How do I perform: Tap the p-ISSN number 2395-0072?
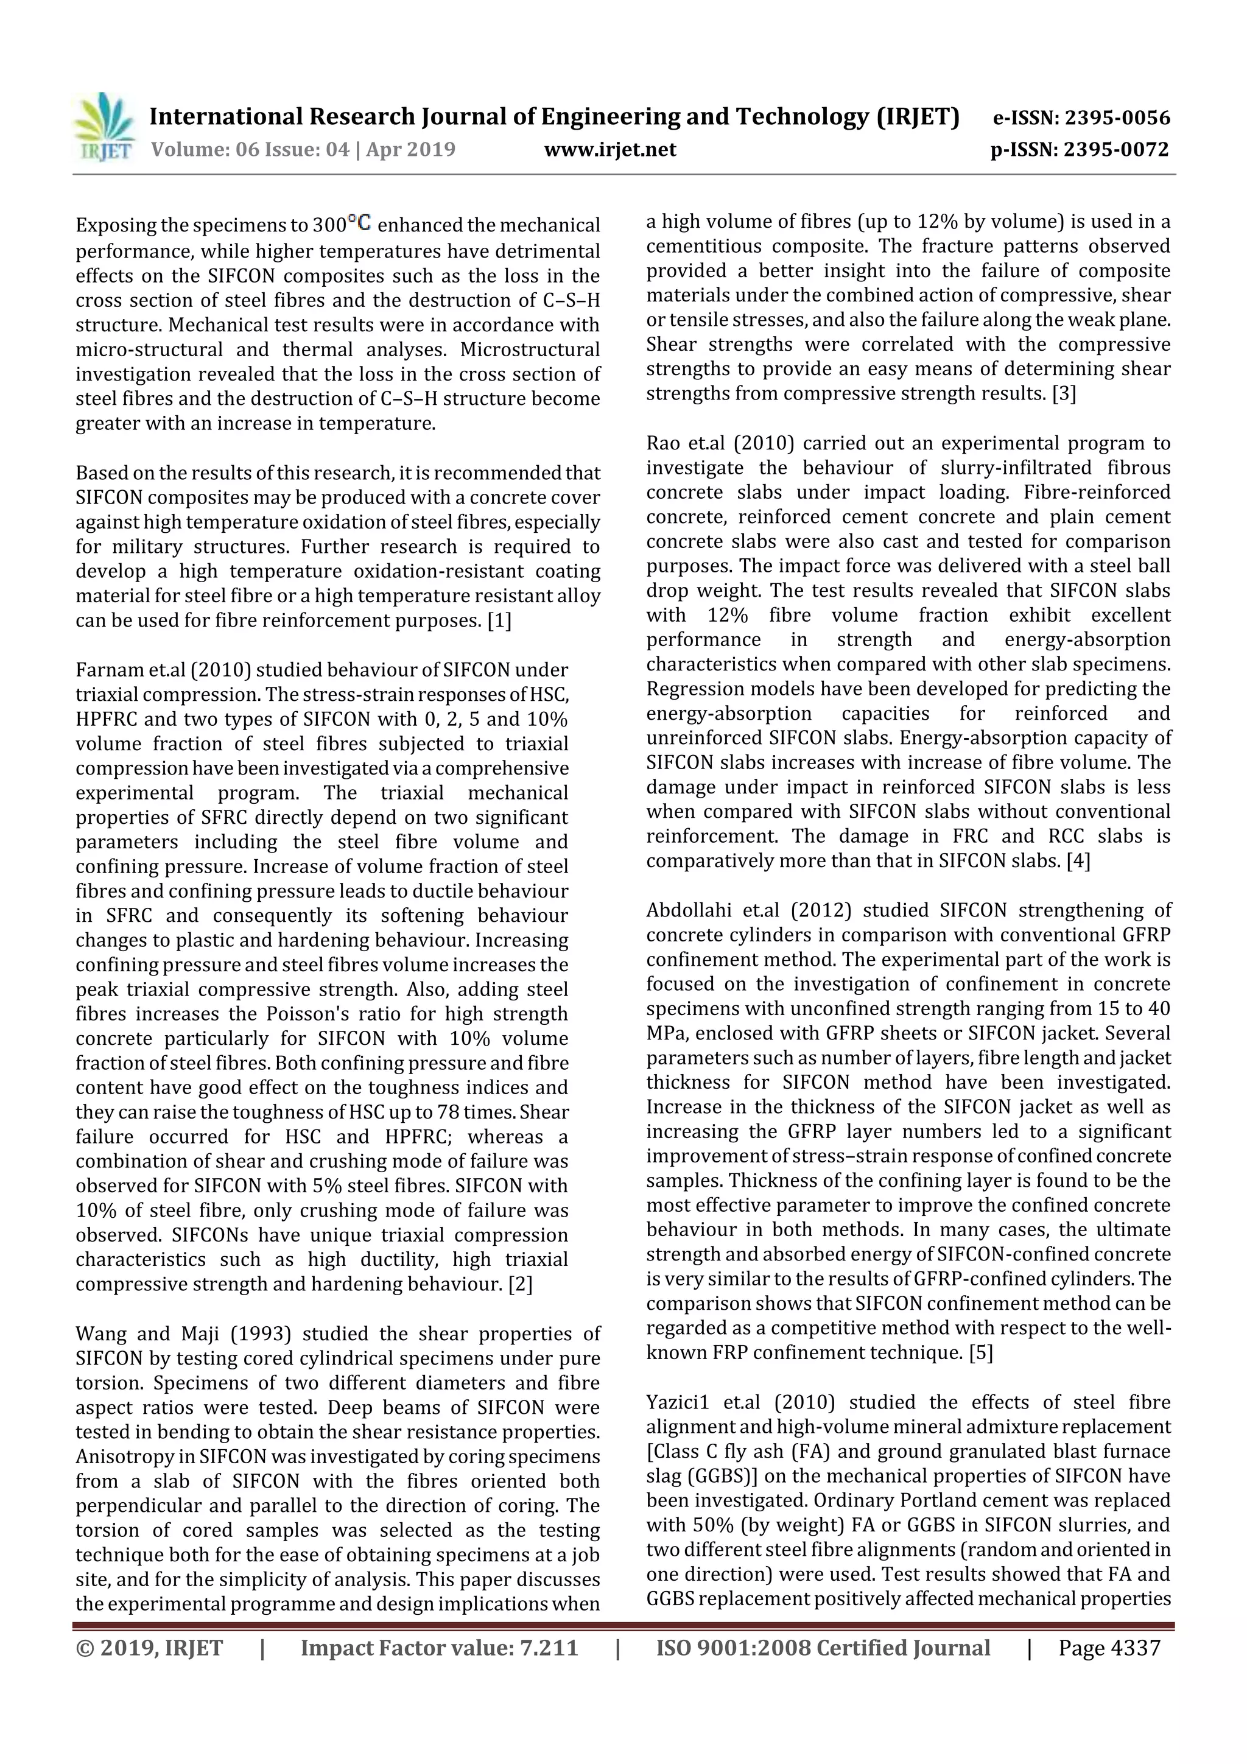click(1115, 150)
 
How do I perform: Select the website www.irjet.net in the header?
click(610, 150)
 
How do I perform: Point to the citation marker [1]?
click(499, 621)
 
